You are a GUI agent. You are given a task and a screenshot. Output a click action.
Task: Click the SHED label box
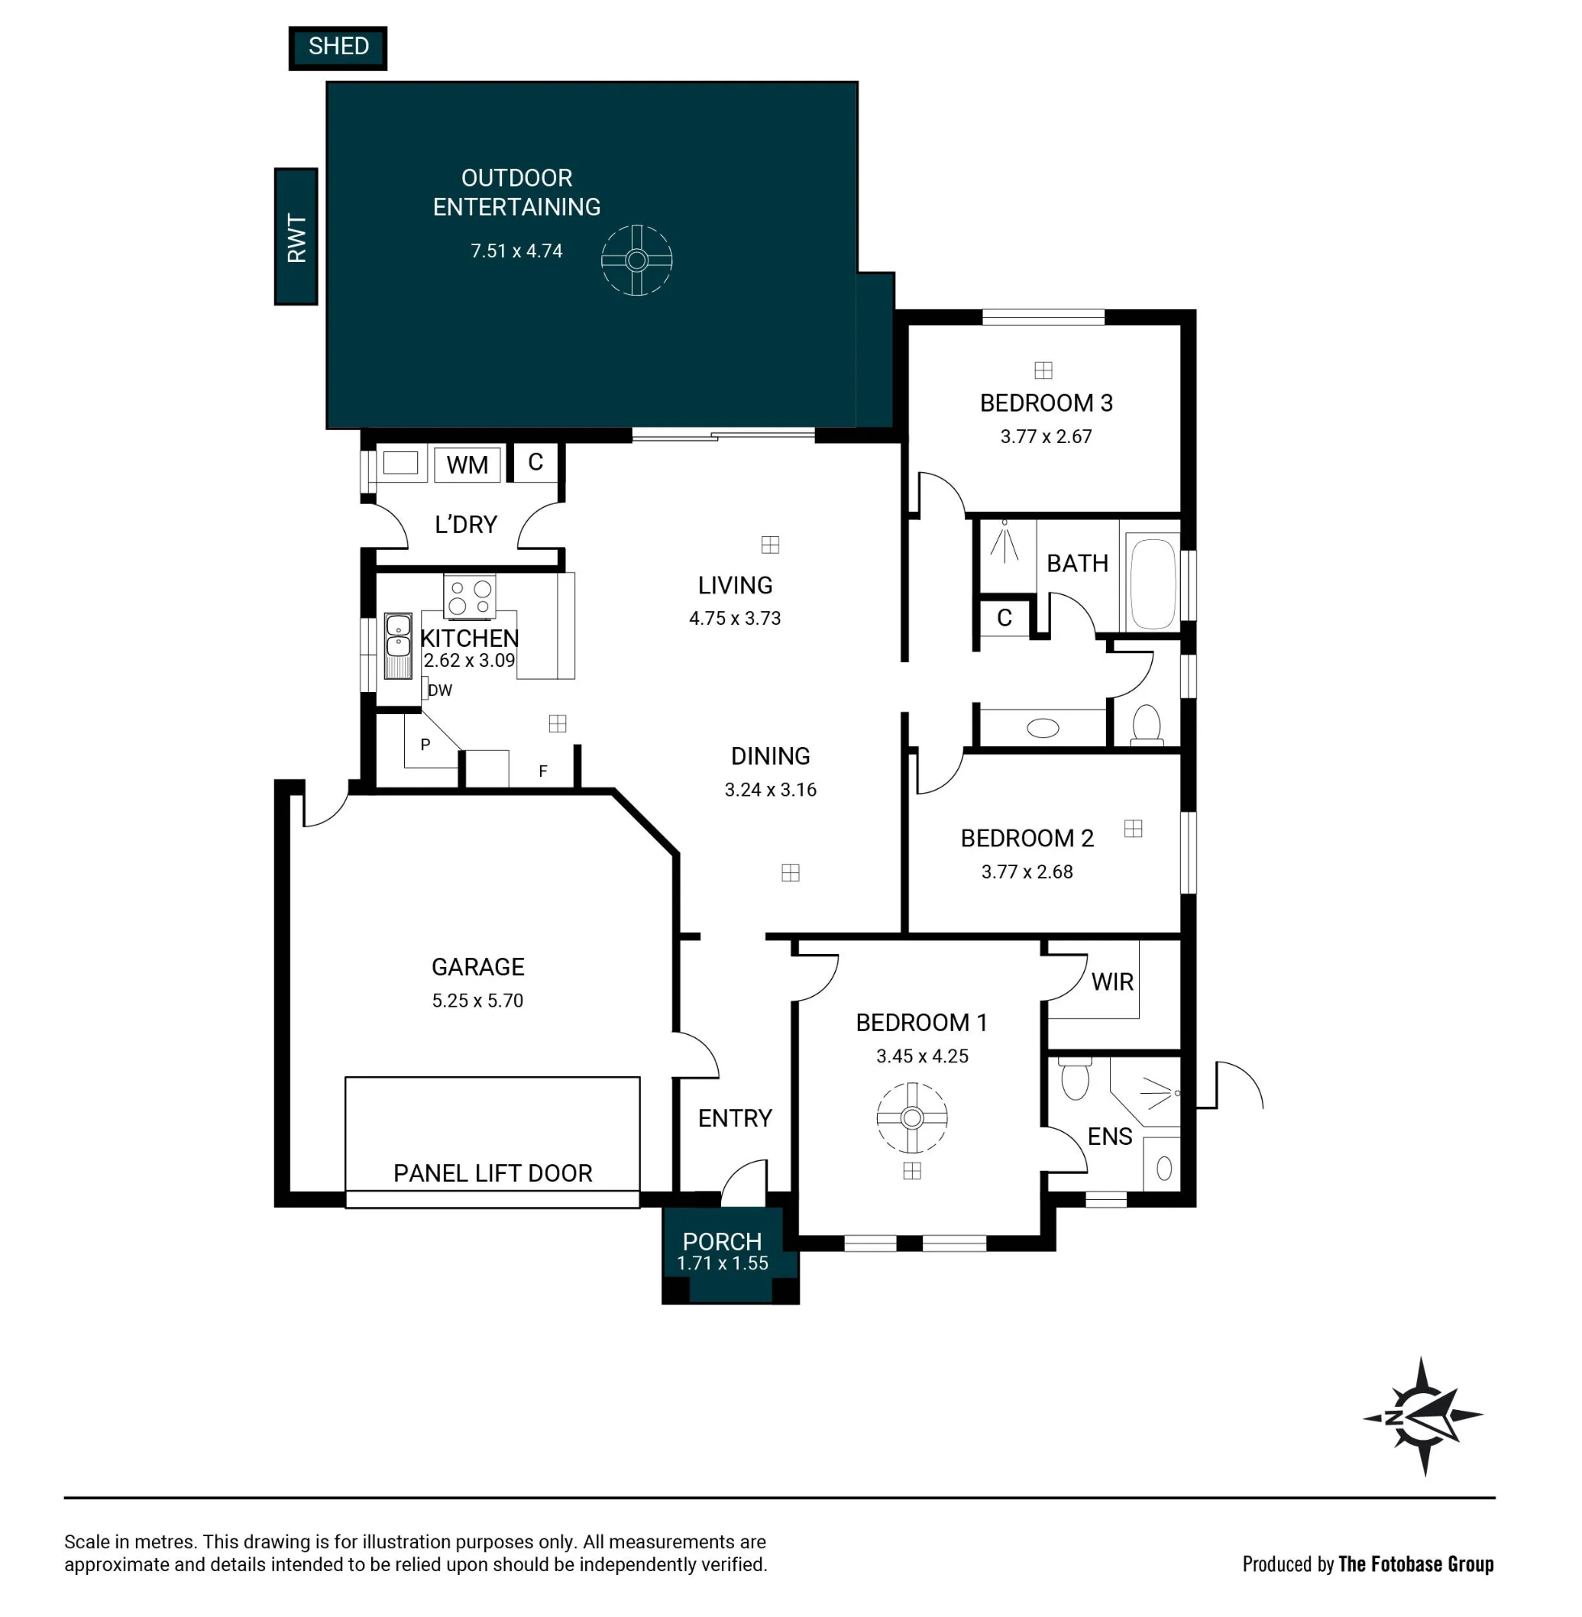[x=337, y=48]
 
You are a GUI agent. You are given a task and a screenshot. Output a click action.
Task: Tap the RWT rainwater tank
[x=296, y=237]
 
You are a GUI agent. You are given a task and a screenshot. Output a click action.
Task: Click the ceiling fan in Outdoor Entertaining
[x=636, y=260]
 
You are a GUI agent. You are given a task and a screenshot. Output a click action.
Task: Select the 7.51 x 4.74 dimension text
[x=517, y=251]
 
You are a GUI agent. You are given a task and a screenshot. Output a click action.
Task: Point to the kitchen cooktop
[x=470, y=597]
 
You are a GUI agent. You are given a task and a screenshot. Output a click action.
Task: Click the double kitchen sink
[x=398, y=646]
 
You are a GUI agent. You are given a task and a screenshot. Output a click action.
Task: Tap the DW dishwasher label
[x=440, y=690]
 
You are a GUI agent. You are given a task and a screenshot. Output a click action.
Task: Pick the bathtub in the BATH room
[x=1153, y=585]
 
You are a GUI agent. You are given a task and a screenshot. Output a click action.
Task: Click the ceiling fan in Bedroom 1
[x=912, y=1117]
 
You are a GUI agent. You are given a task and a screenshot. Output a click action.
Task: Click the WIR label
[x=1112, y=982]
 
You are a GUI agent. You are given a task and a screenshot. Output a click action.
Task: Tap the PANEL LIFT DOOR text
[x=493, y=1173]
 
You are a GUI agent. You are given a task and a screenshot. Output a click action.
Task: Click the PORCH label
[x=722, y=1241]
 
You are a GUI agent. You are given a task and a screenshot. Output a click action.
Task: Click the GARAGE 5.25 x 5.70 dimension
[x=478, y=1000]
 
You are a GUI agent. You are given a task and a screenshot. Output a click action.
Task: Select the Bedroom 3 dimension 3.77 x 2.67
[x=1046, y=437]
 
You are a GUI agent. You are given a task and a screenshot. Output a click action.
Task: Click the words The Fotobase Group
[x=1415, y=1564]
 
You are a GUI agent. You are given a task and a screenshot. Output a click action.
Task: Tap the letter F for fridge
[x=542, y=771]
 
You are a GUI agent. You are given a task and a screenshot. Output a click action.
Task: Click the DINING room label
[x=770, y=756]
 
